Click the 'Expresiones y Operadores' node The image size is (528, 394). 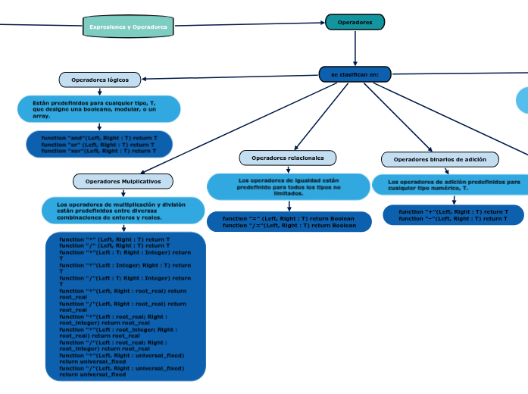[x=128, y=27]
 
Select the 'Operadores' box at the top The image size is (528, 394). [x=355, y=22]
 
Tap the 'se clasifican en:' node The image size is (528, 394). [x=355, y=74]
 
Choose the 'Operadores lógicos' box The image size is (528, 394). [x=100, y=80]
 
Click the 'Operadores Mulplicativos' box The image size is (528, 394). [x=123, y=181]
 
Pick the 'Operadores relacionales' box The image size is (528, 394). [x=287, y=158]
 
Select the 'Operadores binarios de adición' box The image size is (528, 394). [x=439, y=159]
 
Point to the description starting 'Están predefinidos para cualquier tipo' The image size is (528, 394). [x=98, y=108]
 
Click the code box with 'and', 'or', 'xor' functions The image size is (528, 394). [x=99, y=144]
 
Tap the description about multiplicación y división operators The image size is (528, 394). [x=123, y=211]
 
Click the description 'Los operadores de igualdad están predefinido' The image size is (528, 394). [x=287, y=186]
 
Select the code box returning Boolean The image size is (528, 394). [x=289, y=222]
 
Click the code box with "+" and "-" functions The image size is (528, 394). [x=453, y=215]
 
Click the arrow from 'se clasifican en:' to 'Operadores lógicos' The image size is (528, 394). [x=227, y=77]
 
